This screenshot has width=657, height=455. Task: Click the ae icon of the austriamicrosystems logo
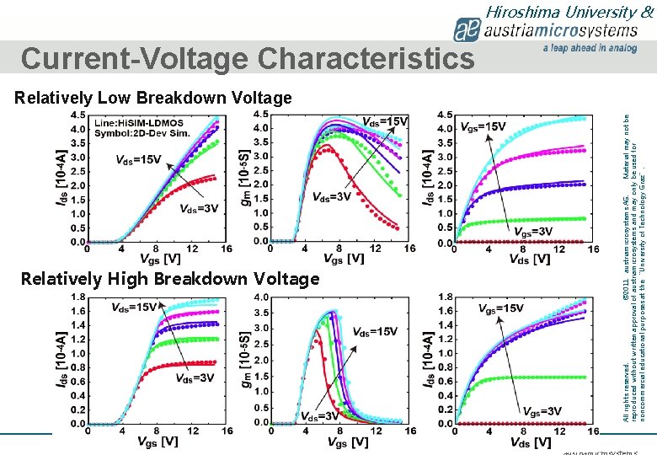(x=467, y=31)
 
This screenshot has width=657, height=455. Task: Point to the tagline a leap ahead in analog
(x=590, y=49)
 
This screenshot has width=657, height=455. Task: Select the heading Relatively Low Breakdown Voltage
(x=152, y=98)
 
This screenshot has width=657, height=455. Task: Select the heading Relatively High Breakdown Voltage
(x=169, y=278)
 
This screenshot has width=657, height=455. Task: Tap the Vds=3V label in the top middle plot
(x=334, y=196)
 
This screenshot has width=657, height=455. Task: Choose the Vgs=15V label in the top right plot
(x=483, y=126)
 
